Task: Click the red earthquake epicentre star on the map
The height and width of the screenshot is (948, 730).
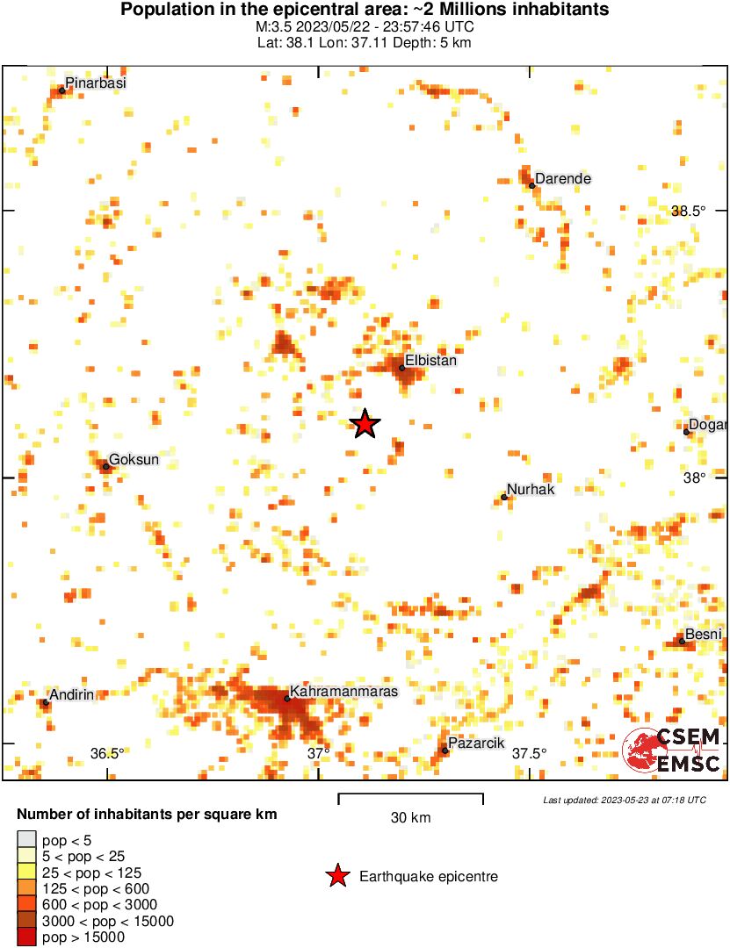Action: (x=365, y=425)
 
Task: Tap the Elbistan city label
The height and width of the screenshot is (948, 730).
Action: (x=430, y=360)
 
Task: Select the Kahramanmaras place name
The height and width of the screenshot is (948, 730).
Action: (x=343, y=692)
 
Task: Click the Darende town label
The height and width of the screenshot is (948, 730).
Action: (x=563, y=179)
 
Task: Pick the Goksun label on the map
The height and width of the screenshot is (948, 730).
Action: (x=134, y=460)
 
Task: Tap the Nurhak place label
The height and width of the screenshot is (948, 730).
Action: (x=531, y=490)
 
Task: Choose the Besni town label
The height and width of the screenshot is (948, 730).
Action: (x=704, y=635)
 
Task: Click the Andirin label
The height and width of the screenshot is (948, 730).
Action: (x=71, y=695)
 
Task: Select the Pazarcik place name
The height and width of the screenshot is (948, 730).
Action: (x=476, y=743)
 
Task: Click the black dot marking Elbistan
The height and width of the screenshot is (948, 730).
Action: (x=402, y=368)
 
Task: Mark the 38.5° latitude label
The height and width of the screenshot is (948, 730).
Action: (x=689, y=212)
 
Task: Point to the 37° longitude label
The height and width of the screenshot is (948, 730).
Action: (x=319, y=753)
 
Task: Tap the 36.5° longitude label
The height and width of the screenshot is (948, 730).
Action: (x=107, y=753)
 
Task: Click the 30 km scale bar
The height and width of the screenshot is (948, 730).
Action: (x=410, y=800)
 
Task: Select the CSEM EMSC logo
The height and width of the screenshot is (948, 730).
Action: (x=672, y=751)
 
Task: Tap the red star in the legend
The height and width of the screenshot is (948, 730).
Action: (x=336, y=876)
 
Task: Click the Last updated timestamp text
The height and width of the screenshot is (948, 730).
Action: (x=624, y=801)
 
